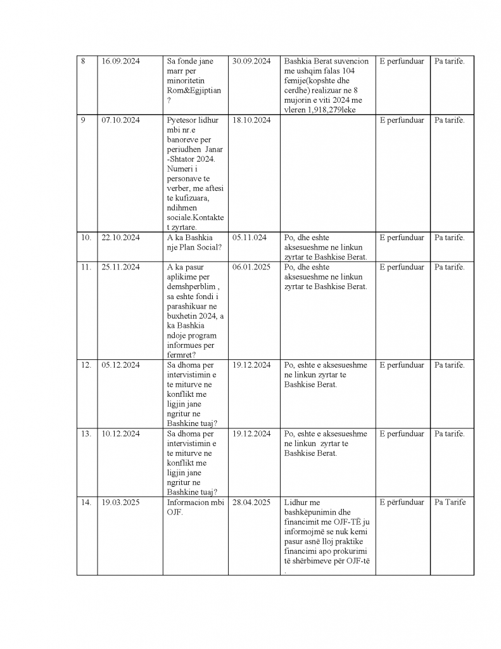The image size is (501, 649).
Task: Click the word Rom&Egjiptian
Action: [x=194, y=91]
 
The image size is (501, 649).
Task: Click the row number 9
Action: [x=83, y=120]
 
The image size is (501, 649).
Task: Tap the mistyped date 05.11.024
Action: [x=250, y=238]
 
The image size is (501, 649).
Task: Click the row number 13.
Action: [x=86, y=434]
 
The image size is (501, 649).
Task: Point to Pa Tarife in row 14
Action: [x=450, y=502]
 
